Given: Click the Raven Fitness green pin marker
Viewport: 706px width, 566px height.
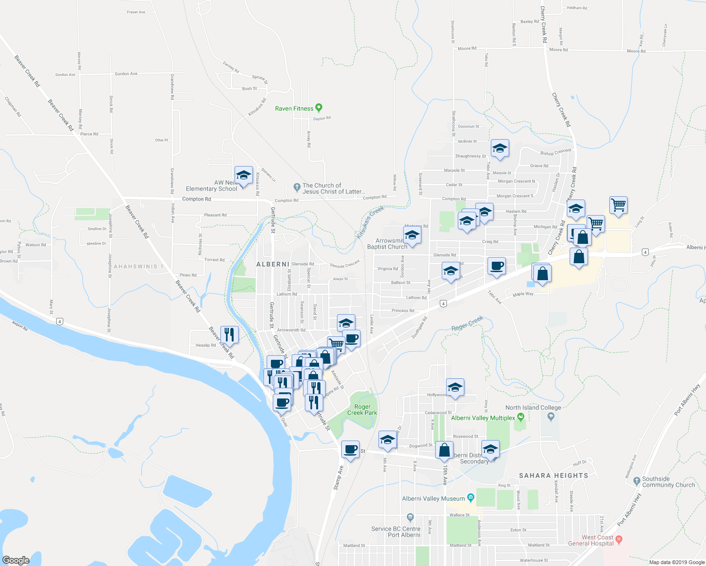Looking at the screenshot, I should (x=319, y=108).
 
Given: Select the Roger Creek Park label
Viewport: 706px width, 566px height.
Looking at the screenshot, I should (x=362, y=409).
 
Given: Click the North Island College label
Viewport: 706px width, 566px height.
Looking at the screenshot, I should (x=533, y=408).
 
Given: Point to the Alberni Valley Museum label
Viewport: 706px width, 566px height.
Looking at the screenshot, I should (x=433, y=499).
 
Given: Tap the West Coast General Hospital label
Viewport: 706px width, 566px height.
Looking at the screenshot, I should (x=591, y=540).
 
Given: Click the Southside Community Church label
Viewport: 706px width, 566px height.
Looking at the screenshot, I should (x=668, y=482).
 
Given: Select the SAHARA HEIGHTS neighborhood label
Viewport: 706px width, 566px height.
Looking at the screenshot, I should (x=554, y=475).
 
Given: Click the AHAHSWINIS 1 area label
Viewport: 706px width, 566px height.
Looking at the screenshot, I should (x=138, y=266).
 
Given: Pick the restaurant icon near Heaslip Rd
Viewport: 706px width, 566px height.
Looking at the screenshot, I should (x=229, y=334).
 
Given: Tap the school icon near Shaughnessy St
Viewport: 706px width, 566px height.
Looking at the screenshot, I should (x=500, y=149).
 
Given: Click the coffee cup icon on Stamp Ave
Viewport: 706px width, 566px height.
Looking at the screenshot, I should (x=350, y=450).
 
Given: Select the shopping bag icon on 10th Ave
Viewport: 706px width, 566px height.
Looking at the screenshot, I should (x=444, y=450).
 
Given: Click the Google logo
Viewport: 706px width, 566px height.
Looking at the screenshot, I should (x=16, y=560).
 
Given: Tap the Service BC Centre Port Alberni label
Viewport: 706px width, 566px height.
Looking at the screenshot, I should (x=395, y=532).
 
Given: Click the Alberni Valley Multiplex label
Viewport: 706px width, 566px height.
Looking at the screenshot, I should (x=483, y=418).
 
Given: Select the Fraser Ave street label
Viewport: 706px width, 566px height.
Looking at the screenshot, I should (x=136, y=12).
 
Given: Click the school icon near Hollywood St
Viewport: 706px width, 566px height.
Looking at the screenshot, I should (x=454, y=388).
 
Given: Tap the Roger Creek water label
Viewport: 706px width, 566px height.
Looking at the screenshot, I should (x=467, y=324).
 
